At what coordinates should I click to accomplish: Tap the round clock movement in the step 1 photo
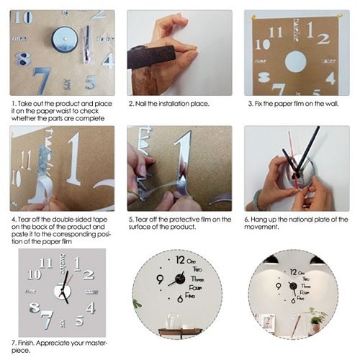pos(65,40)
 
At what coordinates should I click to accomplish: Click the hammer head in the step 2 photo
pos(151,56)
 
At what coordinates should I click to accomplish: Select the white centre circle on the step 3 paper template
pos(296,61)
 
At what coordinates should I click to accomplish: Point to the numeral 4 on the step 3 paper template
pos(330,78)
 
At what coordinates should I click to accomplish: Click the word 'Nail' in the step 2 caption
pos(141,104)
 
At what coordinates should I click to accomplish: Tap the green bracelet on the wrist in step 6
pos(256,199)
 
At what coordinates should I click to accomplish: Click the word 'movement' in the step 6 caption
pos(261,227)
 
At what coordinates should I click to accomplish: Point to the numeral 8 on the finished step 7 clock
pos(35,307)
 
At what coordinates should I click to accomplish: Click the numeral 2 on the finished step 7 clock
pos(89,275)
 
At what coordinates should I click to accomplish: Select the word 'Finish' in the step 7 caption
pos(26,343)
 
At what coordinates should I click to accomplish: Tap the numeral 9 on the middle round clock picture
pos(160,279)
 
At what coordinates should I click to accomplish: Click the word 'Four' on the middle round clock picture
pos(196,287)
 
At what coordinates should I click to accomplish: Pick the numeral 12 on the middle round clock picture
pos(180,260)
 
